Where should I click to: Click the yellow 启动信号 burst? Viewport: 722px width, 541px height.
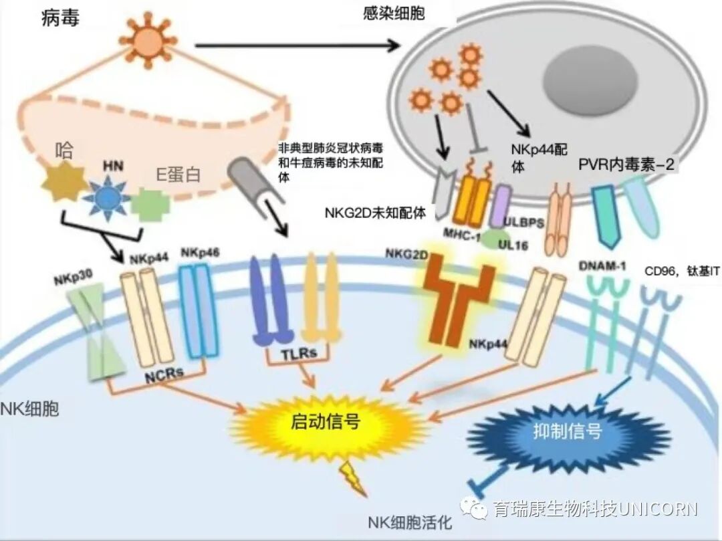326,422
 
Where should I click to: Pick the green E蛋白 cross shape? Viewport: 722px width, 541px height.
151,205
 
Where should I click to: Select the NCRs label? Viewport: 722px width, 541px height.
164,374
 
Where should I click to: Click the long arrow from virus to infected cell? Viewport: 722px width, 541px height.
294,45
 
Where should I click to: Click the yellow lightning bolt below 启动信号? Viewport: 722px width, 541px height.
350,475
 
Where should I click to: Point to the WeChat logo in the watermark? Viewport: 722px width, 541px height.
479,509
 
